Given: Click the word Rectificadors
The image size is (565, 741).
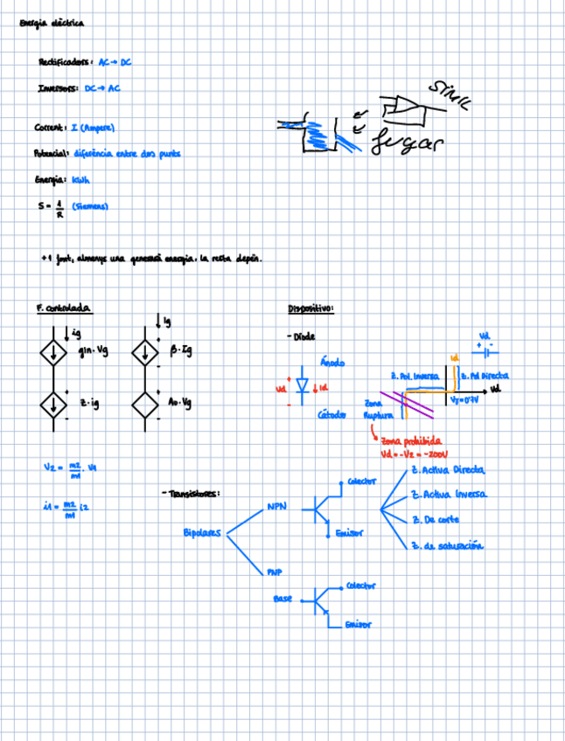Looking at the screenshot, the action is (65, 62).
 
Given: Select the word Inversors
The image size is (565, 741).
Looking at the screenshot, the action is (59, 88).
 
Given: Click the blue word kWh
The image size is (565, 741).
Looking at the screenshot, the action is (80, 181).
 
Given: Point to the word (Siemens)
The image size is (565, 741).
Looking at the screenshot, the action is (90, 207).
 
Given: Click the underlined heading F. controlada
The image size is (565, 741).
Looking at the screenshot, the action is (64, 308).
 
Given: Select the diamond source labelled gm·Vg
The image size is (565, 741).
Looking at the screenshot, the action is (55, 353).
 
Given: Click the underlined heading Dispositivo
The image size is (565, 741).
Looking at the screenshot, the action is (310, 308).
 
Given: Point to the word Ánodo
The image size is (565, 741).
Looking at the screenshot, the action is (332, 362).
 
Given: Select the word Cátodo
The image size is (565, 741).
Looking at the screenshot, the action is (333, 415).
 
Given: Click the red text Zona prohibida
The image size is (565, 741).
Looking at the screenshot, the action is (410, 442).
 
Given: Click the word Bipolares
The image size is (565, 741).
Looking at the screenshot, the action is (203, 533).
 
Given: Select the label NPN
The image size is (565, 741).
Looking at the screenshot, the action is (276, 506).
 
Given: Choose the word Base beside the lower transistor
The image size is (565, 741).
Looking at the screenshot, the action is (282, 599).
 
